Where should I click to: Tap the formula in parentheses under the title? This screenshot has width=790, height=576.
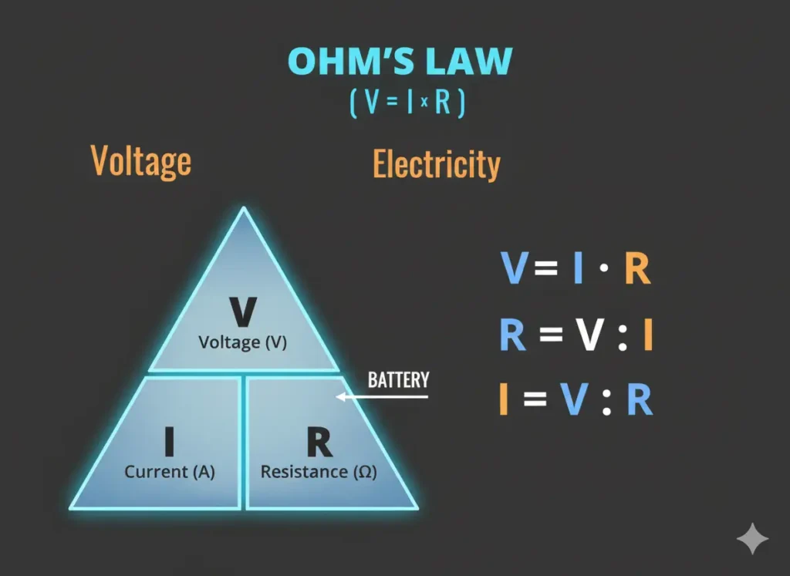[407, 103]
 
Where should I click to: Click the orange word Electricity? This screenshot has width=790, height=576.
[437, 165]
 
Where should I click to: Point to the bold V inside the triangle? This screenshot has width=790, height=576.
[243, 313]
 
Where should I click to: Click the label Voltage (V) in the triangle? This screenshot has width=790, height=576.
[243, 342]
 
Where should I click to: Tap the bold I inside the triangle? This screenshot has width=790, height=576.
[169, 443]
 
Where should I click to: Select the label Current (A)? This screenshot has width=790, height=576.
[170, 472]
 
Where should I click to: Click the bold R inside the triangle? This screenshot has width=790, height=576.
[319, 443]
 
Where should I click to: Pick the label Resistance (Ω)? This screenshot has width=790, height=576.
[319, 472]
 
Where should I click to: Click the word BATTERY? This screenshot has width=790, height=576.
[398, 380]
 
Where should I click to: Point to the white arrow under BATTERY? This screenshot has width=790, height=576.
[381, 397]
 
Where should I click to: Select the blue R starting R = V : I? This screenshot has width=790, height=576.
[512, 335]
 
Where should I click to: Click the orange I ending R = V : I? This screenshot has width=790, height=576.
[647, 335]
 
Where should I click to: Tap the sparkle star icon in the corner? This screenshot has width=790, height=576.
[752, 539]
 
